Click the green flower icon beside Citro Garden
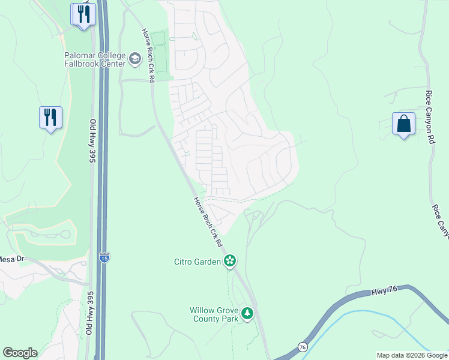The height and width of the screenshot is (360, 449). tap(229, 261)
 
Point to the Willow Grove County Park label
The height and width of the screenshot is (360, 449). tap(214, 314)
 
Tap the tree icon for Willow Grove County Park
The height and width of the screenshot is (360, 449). tap(247, 313)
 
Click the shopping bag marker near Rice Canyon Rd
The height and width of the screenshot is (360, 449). tap(403, 124)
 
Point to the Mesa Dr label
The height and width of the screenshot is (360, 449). tap(11, 259)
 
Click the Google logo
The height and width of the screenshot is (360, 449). tap(20, 353)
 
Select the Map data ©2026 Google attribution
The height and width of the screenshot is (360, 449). tap(411, 355)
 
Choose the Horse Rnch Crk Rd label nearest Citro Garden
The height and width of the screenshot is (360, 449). tap(208, 223)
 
